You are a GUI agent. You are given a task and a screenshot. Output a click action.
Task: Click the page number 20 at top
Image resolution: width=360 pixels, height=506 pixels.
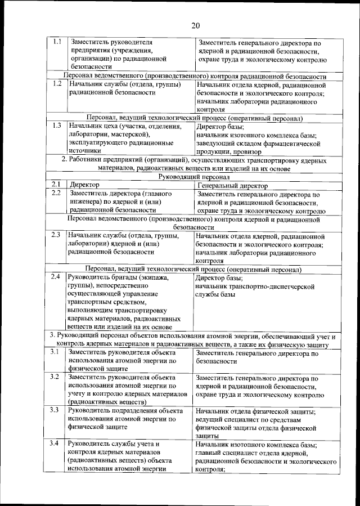(195, 25)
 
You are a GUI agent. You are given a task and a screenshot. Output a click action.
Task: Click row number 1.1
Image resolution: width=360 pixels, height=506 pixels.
(55, 42)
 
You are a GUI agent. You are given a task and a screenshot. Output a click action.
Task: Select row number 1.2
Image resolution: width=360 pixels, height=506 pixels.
(55, 84)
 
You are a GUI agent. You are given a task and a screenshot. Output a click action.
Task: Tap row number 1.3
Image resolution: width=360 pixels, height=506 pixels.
(55, 126)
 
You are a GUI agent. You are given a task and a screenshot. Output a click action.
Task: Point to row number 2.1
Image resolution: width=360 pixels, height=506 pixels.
(55, 184)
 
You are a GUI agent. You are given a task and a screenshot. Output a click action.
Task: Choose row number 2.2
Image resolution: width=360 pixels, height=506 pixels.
(55, 193)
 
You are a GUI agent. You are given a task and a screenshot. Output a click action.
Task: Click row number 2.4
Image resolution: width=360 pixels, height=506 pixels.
(55, 277)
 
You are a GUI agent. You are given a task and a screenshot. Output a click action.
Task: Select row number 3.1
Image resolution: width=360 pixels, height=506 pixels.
(55, 352)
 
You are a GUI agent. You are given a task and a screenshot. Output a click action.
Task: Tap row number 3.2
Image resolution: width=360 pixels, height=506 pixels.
(55, 377)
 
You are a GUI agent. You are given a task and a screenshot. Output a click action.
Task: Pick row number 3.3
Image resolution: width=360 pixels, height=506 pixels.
(55, 410)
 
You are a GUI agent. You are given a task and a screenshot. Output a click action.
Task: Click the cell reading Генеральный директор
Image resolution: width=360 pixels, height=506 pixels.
(233, 185)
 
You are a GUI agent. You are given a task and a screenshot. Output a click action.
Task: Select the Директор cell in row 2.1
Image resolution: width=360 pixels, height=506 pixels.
(84, 185)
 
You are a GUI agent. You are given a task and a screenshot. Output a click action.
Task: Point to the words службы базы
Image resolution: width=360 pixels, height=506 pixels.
(215, 294)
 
